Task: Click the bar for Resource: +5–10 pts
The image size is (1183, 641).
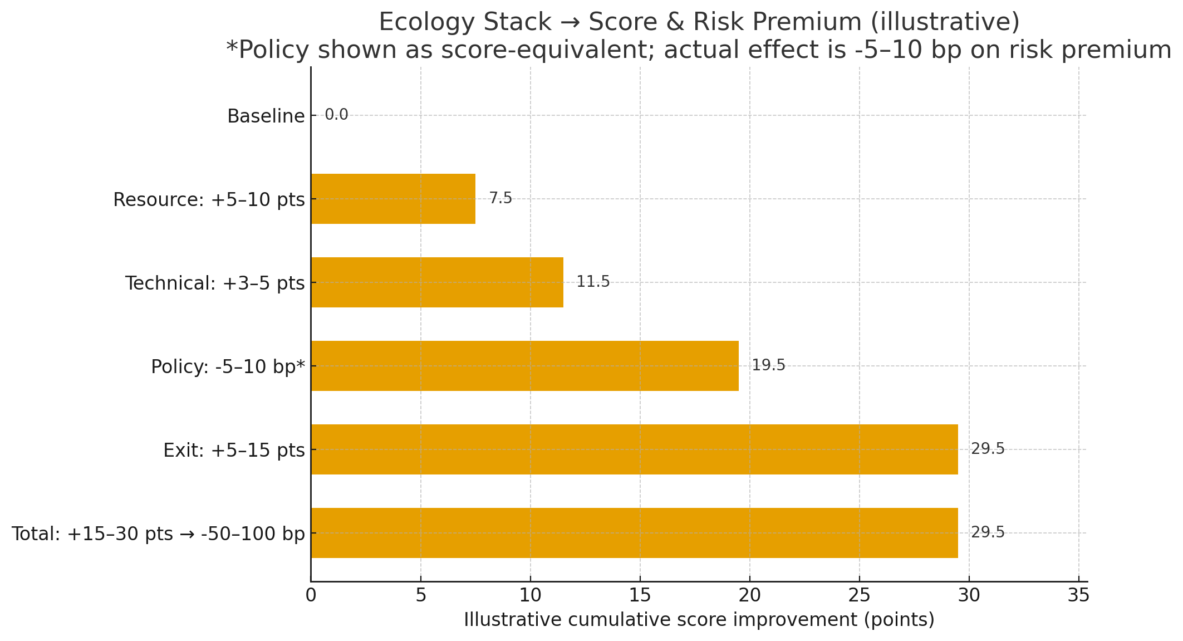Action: [x=393, y=199]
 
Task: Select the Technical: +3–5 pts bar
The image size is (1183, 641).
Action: [x=437, y=282]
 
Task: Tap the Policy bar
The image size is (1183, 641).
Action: [x=524, y=366]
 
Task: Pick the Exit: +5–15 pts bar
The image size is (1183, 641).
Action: [x=634, y=449]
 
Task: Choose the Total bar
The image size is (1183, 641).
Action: [x=634, y=533]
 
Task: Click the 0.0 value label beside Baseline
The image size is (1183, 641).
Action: [x=336, y=115]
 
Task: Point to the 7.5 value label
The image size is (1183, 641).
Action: [x=500, y=198]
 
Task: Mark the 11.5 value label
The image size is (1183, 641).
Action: [x=593, y=282]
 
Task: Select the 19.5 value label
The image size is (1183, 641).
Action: [x=768, y=365]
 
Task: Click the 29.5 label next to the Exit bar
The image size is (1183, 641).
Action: [x=988, y=449]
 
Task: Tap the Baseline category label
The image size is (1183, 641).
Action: [x=266, y=116]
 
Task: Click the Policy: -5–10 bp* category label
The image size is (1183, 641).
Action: [x=228, y=367]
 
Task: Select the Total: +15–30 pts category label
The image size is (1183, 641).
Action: [x=158, y=534]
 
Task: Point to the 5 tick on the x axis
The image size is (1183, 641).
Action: [x=421, y=596]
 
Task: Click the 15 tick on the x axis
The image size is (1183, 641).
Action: [x=640, y=596]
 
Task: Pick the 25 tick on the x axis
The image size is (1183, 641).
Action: [x=860, y=596]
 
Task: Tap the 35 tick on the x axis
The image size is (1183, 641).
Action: [x=1078, y=596]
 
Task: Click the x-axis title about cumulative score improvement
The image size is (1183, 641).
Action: [x=699, y=620]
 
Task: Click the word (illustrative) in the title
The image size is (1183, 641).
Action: [x=945, y=22]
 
